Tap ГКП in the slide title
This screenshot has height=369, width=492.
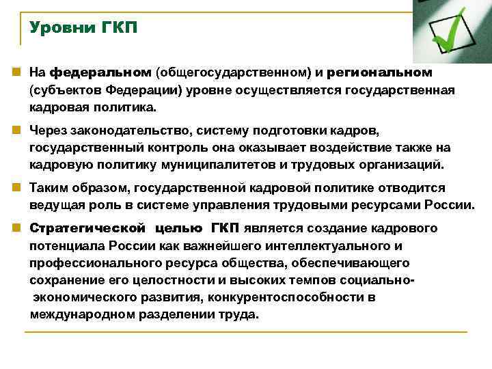coord(119,29)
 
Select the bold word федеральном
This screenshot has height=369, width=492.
coord(101,72)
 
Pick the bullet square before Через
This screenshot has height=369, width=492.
coord(15,130)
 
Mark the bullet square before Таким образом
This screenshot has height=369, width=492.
coord(15,187)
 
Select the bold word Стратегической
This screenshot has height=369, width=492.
coord(87,228)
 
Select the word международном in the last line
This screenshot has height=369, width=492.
coord(77,315)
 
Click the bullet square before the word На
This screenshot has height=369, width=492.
coord(15,72)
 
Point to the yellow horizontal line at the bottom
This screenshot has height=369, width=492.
coord(245,333)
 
